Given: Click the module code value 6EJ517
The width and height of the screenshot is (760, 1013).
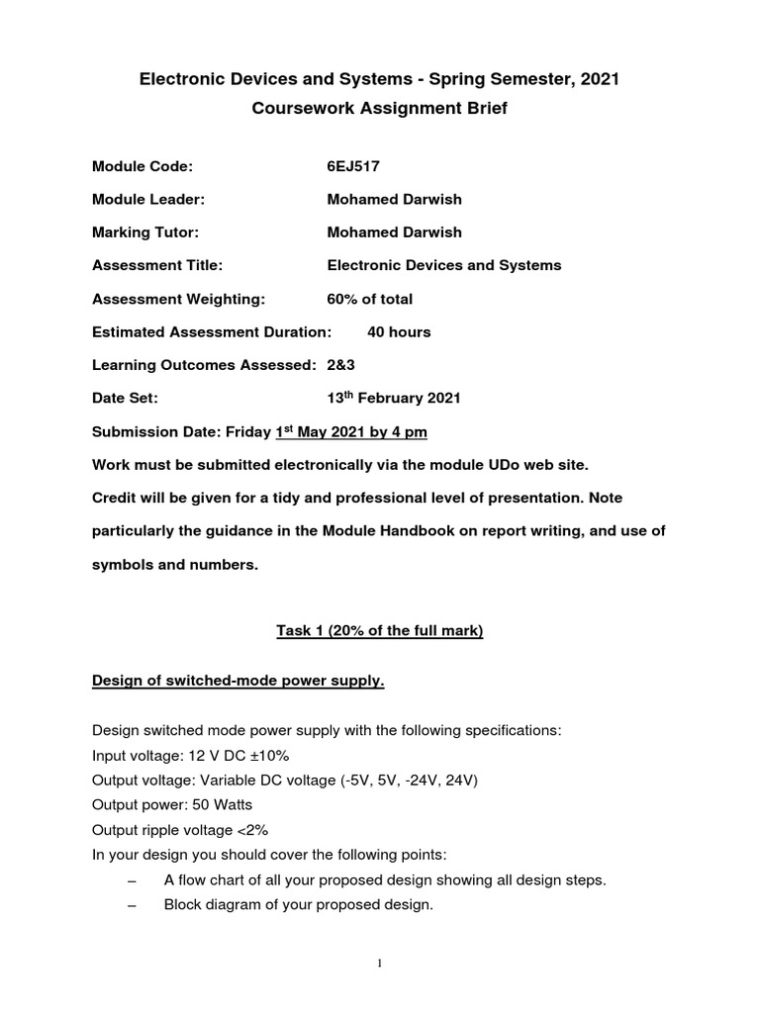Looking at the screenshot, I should (353, 166).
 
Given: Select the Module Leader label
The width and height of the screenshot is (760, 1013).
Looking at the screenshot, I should (148, 199).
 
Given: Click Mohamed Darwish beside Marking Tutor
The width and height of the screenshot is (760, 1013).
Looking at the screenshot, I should (394, 232).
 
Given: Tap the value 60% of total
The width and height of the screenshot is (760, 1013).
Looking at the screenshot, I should (370, 299).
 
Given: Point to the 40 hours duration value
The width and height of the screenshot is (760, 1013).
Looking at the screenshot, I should (399, 332).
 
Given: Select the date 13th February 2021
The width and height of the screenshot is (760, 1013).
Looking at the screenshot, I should (393, 399).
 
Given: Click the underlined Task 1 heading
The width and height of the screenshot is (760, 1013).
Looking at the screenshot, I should (379, 630).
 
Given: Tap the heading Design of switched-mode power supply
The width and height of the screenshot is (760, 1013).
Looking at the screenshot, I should (237, 681).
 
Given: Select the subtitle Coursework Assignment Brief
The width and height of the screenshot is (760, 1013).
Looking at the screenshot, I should (380, 109).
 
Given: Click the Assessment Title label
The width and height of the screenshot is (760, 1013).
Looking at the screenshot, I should (156, 265).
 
